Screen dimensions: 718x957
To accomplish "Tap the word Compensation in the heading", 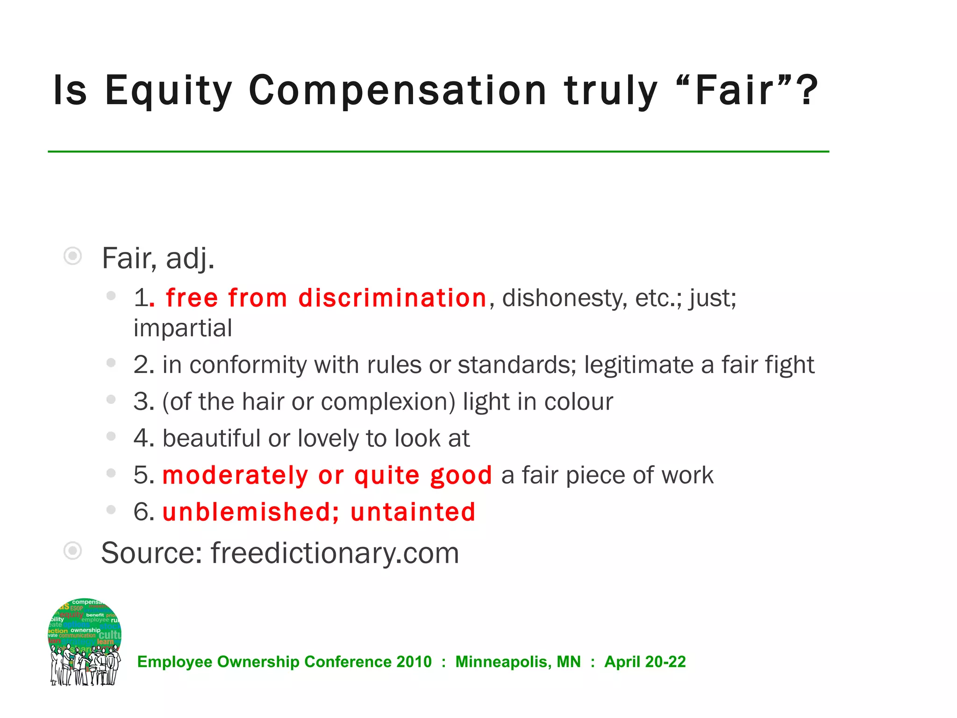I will click(x=398, y=91).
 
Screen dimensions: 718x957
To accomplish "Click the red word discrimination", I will click(x=393, y=298).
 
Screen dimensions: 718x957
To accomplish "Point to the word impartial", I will click(x=183, y=328).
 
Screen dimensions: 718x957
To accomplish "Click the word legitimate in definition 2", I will click(x=639, y=365).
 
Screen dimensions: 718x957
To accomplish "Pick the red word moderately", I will click(x=235, y=475).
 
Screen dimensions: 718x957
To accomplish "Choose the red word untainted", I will click(x=413, y=512).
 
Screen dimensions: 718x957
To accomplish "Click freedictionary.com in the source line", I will click(x=335, y=553).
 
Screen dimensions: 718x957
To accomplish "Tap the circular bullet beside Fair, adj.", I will click(x=73, y=256).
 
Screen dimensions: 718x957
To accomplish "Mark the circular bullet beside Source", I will click(x=73, y=551).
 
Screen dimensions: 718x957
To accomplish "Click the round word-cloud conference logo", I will click(x=85, y=641).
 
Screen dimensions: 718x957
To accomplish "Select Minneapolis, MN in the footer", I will click(x=518, y=662).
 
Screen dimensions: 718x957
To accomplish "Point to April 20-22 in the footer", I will click(x=645, y=662).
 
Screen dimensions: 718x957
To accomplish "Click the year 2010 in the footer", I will click(x=414, y=662).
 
